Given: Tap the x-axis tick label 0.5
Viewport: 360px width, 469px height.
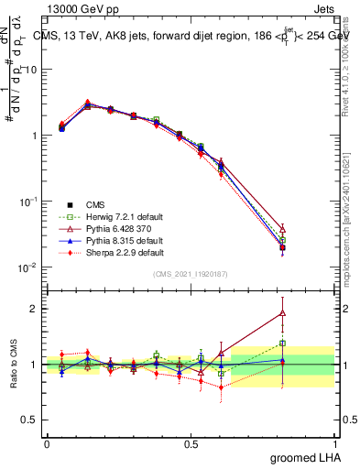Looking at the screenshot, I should (x=191, y=442).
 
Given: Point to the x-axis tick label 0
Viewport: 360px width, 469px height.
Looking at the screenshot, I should (x=47, y=442).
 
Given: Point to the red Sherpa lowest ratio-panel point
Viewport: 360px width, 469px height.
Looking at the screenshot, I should (x=221, y=387).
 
